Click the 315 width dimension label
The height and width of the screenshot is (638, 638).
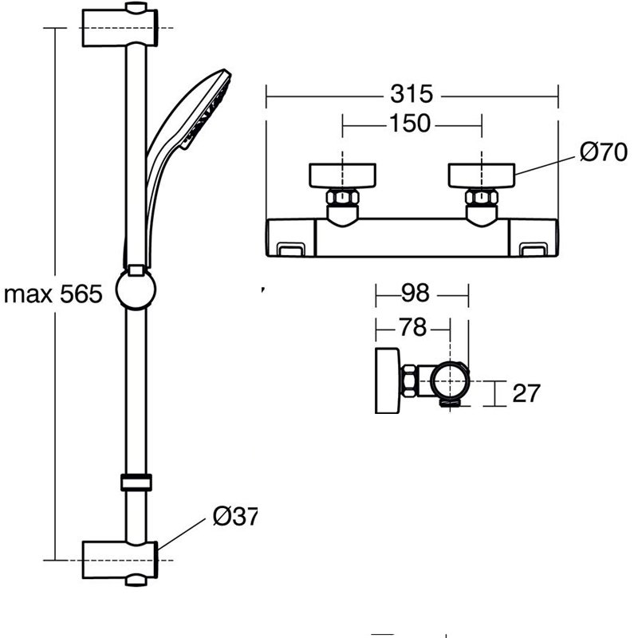412,94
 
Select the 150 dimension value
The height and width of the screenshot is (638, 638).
412,124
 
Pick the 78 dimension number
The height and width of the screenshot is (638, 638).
413,327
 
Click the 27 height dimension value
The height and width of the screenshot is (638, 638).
526,393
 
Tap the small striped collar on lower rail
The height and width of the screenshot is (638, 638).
136,482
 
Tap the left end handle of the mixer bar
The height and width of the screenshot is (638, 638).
290,238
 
